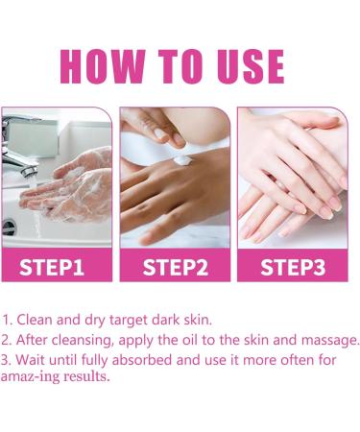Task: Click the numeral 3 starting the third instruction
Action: coord(6,360)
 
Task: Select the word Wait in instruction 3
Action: coord(28,360)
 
